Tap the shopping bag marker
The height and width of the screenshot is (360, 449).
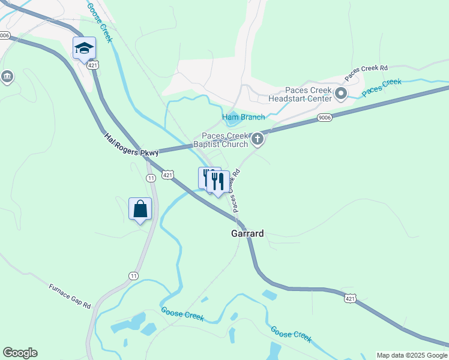coord(140,209)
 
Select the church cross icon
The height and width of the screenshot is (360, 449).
coord(258,140)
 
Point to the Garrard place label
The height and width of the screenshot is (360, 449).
coord(247,233)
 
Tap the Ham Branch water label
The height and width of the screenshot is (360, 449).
coord(244,116)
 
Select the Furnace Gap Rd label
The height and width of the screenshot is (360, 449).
coord(70,296)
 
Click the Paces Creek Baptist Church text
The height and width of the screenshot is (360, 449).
coord(221,140)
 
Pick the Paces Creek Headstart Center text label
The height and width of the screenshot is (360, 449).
coord(300,94)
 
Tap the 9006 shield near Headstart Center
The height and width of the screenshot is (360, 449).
coord(325,117)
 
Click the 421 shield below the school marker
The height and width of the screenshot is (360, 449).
coord(92,65)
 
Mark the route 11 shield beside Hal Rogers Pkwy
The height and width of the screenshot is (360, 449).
coord(151,178)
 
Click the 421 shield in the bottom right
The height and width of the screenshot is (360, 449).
coord(351,298)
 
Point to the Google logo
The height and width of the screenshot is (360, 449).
coord(20,353)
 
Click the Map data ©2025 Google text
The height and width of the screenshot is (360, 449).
coord(412,355)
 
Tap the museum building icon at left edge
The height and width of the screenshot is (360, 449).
coord(7,76)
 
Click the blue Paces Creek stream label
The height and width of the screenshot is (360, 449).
coord(382,86)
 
